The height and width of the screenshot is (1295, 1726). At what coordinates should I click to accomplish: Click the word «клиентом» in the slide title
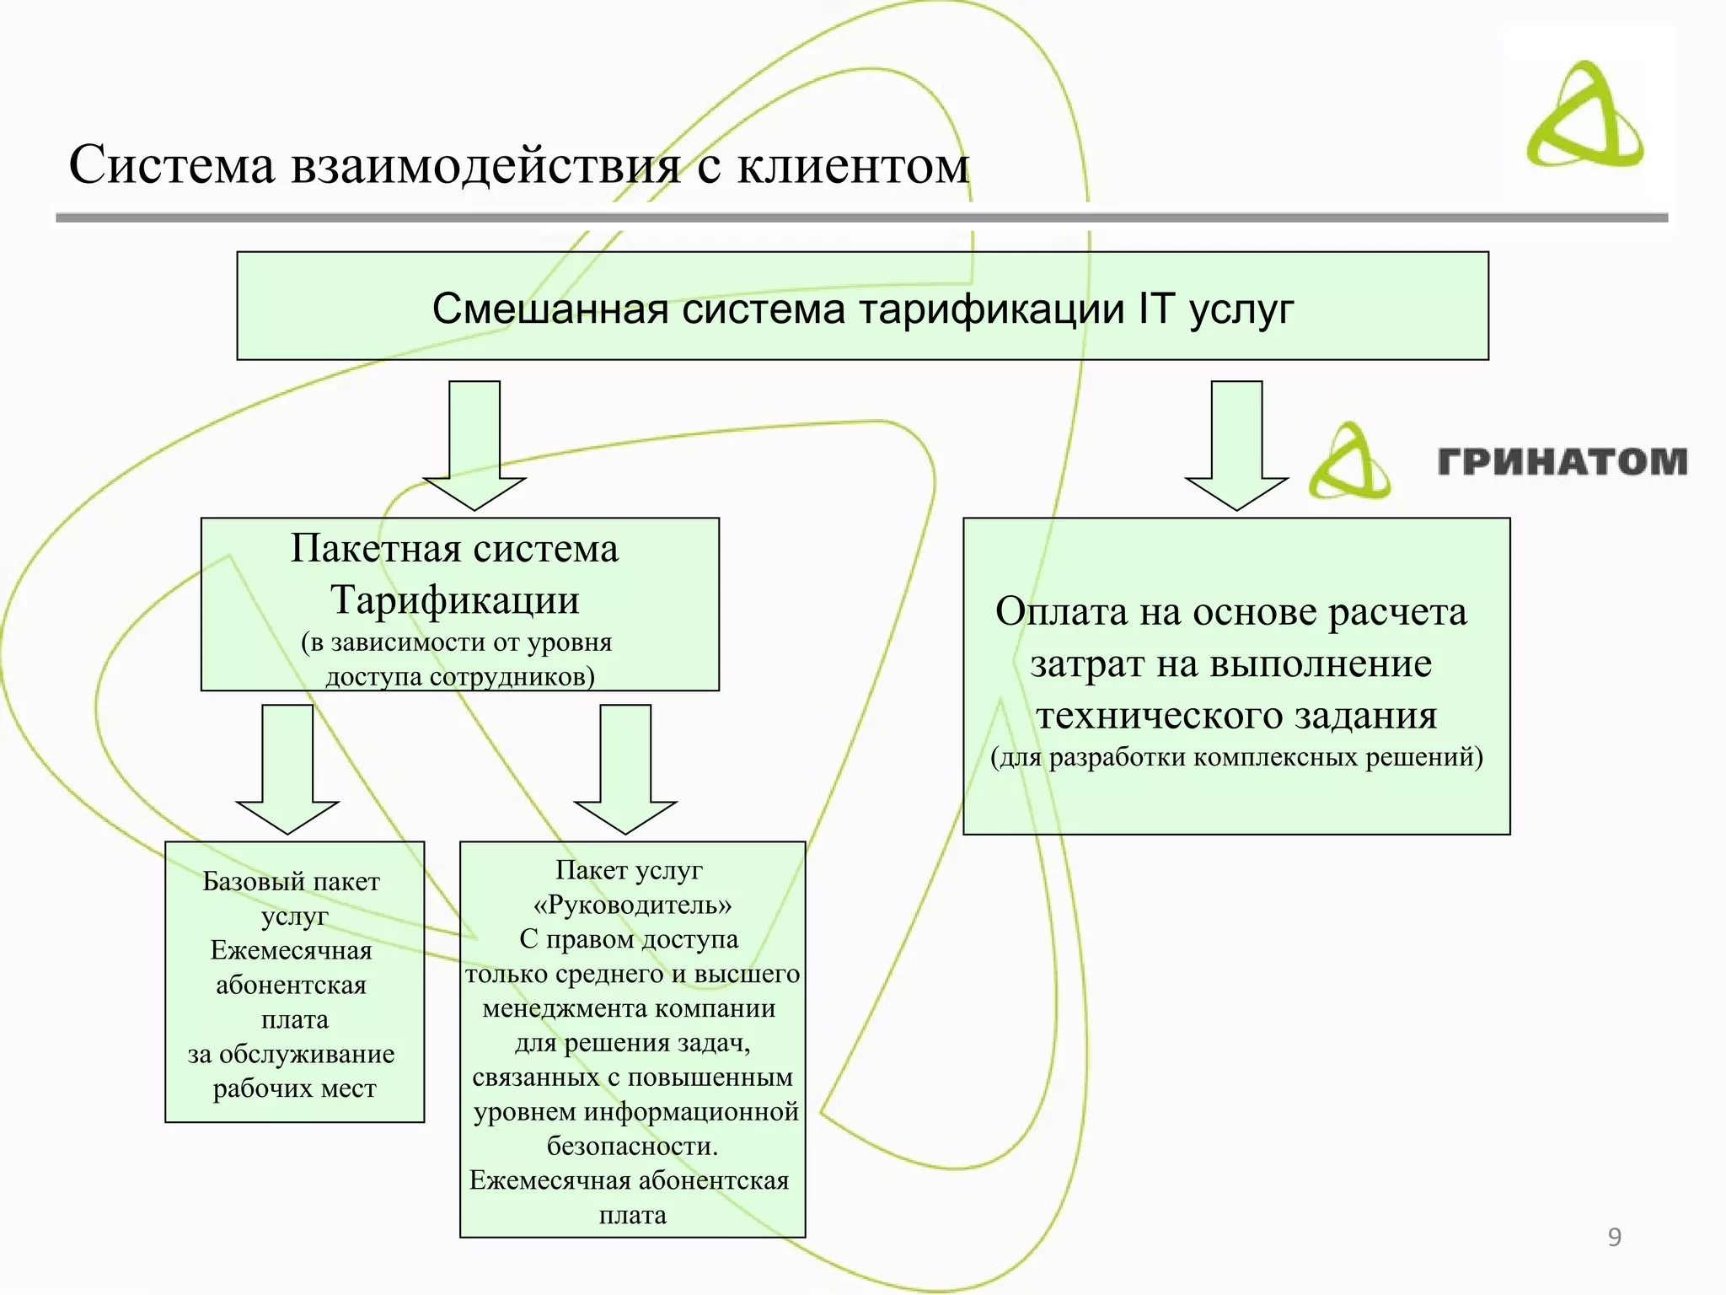853,165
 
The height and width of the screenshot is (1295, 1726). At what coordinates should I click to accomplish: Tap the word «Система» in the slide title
172,165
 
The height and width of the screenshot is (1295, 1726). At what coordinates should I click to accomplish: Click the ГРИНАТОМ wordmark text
1563,462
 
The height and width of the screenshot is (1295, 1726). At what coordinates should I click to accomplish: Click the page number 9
1615,1237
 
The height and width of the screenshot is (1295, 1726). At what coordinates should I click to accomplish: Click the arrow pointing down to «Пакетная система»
474,445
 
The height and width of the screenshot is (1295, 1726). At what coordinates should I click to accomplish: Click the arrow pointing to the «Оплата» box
1236,445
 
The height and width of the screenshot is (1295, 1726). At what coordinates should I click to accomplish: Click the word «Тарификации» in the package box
455,600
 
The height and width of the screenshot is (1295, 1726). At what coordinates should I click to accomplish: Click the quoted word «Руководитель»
632,905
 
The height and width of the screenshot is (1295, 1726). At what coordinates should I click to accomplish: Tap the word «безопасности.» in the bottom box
632,1147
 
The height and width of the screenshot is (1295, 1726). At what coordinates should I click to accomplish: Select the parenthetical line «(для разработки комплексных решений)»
1236,757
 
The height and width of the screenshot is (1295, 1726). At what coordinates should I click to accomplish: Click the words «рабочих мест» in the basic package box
294,1089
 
